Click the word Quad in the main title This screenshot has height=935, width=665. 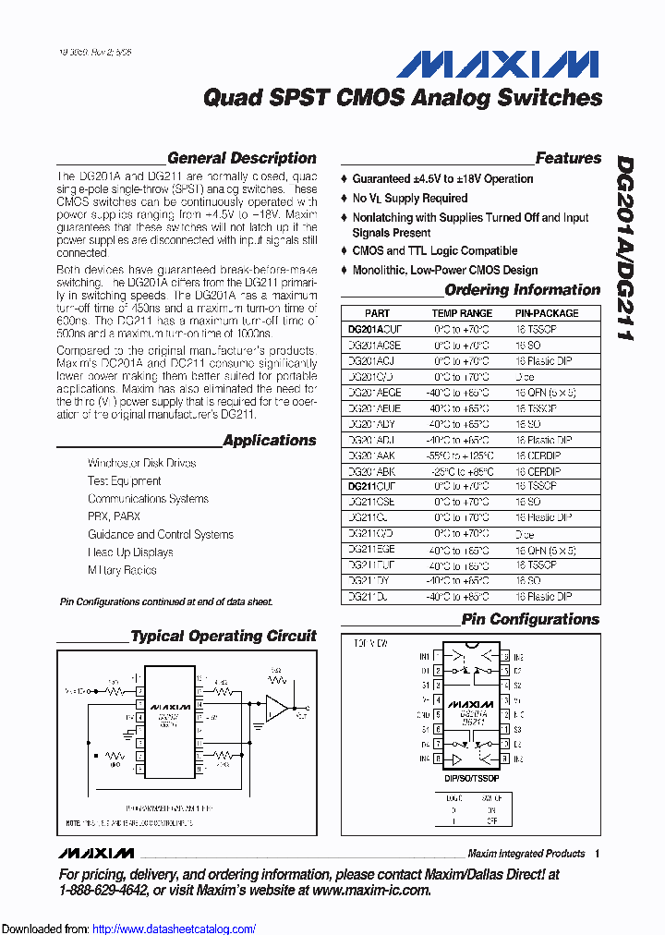tap(227, 97)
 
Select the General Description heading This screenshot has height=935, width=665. tap(241, 158)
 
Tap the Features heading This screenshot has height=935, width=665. tap(567, 158)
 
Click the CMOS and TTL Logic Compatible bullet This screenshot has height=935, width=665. tap(434, 250)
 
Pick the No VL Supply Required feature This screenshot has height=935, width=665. tap(409, 198)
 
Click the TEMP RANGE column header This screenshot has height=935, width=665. tap(462, 313)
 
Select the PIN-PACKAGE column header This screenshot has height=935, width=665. tap(547, 313)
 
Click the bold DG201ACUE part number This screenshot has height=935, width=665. tap(375, 328)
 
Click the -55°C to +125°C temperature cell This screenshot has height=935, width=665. tap(462, 455)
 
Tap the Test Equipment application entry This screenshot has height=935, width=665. tap(124, 480)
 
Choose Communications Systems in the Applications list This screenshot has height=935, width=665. tap(148, 499)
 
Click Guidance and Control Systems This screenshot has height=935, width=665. tap(160, 534)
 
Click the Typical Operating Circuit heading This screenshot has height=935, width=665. tap(223, 636)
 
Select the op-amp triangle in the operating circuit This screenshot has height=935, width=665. tap(275, 709)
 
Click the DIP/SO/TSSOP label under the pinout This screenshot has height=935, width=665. tap(472, 780)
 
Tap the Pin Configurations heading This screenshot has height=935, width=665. tap(530, 619)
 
